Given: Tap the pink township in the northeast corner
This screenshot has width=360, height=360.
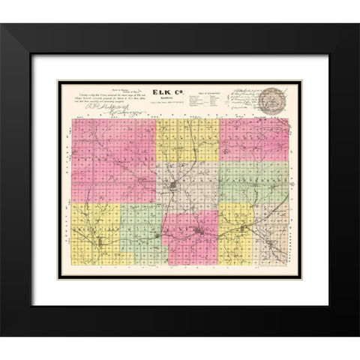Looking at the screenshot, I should point(255,139).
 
